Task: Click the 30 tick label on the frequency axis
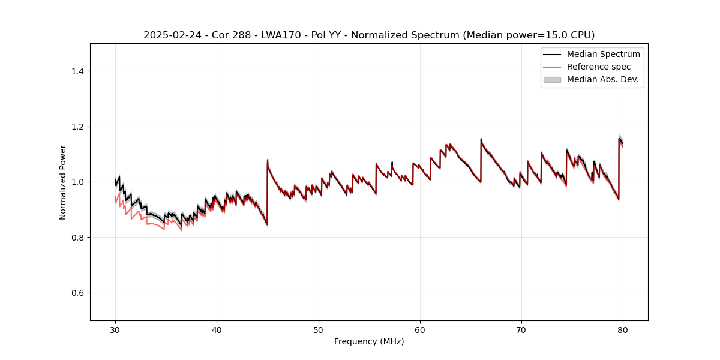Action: [x=115, y=330]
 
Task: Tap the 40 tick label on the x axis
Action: [x=217, y=330]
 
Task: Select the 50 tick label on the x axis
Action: [x=319, y=330]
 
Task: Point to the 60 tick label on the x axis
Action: [x=420, y=330]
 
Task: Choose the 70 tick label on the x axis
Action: [x=521, y=330]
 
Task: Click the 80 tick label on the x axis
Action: [x=623, y=330]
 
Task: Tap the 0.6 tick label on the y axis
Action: [x=77, y=293]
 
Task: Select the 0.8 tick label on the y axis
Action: [x=77, y=238]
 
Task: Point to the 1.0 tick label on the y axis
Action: [x=77, y=182]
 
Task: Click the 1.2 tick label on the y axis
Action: [x=77, y=127]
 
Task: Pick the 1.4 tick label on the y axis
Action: [x=77, y=71]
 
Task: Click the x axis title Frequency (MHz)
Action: [x=369, y=342]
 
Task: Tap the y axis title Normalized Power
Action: [x=63, y=182]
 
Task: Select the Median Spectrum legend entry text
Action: [x=603, y=54]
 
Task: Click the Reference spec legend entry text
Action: [x=599, y=67]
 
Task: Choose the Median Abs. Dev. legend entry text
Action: [x=602, y=79]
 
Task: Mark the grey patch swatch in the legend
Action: [x=552, y=79]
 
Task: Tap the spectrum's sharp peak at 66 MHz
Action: [x=481, y=140]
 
